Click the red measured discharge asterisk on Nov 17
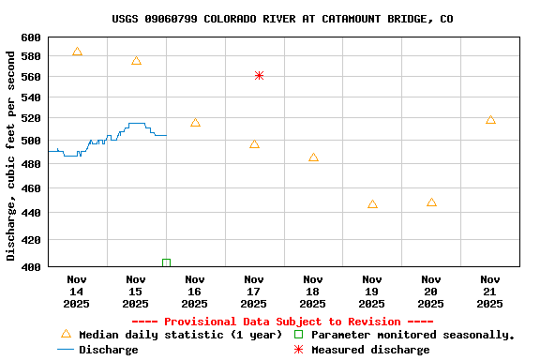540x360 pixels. click(x=259, y=75)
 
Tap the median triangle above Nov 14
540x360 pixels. click(x=77, y=52)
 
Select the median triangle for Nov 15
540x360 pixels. click(x=136, y=61)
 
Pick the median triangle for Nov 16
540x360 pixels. click(x=195, y=122)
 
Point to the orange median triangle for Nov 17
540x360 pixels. click(x=254, y=143)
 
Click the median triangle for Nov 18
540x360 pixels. click(x=313, y=157)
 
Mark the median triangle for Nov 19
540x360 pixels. click(x=372, y=203)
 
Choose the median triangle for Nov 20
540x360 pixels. click(x=431, y=202)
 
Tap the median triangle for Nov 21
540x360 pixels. click(x=490, y=119)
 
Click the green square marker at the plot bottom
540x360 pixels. click(x=166, y=262)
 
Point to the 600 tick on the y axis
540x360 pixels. click(x=30, y=37)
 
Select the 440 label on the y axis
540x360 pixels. click(x=30, y=213)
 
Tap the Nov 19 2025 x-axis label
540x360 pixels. click(x=372, y=291)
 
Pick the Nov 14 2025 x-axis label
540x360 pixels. click(x=77, y=291)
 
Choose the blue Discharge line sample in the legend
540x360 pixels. click(x=66, y=350)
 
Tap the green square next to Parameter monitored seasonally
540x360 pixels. click(x=299, y=335)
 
